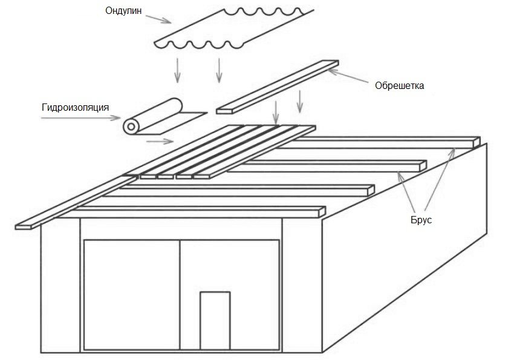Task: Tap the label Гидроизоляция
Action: click(75, 108)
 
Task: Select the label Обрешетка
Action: click(400, 85)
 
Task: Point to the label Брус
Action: click(421, 220)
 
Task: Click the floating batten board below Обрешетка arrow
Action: click(277, 87)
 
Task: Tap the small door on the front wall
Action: click(215, 321)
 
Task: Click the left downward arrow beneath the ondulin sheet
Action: click(177, 70)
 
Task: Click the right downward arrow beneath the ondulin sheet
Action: click(219, 70)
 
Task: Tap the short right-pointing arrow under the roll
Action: click(159, 142)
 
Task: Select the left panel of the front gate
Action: click(131, 294)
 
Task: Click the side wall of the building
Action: click(405, 254)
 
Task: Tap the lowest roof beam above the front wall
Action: click(200, 212)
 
